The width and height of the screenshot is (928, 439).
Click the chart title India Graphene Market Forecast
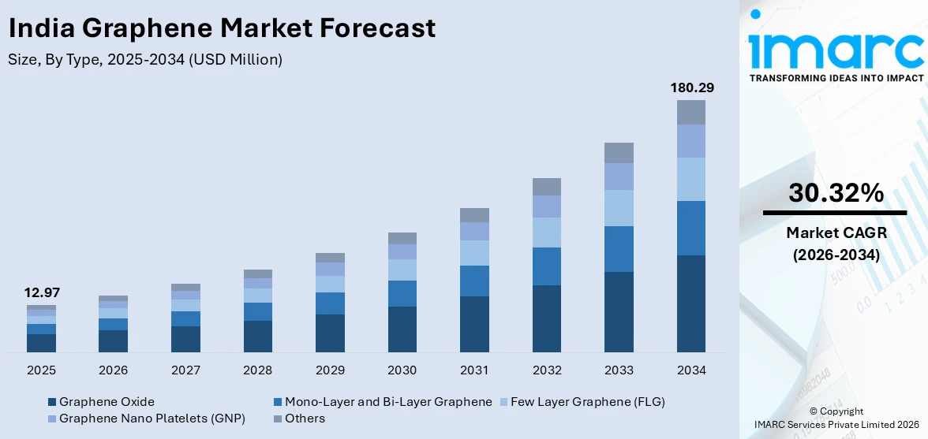tap(222, 28)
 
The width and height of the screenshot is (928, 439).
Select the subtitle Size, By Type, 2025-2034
tap(145, 59)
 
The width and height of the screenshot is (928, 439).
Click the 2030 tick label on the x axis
tap(402, 370)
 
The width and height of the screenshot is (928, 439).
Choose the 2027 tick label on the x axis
tap(185, 370)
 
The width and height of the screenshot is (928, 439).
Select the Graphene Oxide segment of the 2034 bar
tap(690, 303)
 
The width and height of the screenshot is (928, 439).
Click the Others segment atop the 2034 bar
tap(690, 112)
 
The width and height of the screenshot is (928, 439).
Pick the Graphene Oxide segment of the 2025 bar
tap(41, 343)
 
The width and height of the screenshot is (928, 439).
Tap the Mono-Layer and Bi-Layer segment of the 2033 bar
tap(619, 249)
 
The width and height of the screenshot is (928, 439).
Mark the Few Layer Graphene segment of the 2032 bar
tap(546, 233)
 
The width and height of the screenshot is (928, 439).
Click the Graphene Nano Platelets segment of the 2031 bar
tap(474, 231)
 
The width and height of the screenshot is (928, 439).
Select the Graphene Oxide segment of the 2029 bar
tap(330, 333)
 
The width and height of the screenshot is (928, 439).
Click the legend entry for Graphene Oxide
tap(107, 402)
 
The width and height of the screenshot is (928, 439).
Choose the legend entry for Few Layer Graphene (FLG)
tap(587, 402)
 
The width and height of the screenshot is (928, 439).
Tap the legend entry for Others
tap(305, 419)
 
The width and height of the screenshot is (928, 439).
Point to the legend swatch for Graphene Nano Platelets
tap(52, 419)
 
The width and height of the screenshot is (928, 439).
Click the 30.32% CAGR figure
tap(836, 193)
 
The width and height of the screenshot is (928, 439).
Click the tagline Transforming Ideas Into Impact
tap(836, 78)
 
